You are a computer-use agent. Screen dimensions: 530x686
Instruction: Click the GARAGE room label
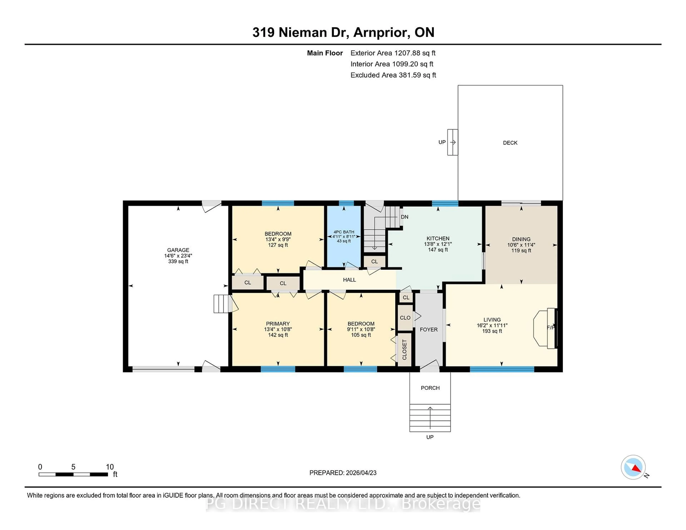tap(178, 250)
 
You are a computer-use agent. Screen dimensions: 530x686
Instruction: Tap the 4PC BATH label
tap(344, 232)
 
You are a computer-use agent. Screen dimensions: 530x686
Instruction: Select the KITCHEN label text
tap(438, 239)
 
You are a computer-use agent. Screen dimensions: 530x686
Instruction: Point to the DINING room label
tap(521, 239)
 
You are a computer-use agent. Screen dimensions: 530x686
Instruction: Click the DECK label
tap(510, 143)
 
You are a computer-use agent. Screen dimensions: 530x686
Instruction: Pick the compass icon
tap(633, 467)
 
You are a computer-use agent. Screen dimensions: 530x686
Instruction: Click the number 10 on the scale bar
tap(110, 467)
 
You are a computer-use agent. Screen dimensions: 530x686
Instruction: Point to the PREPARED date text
tap(343, 473)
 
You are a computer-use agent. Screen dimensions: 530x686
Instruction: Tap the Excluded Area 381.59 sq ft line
tap(393, 75)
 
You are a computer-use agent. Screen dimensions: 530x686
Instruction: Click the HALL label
tap(349, 280)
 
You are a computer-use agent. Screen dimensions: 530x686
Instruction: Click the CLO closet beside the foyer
tap(405, 318)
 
